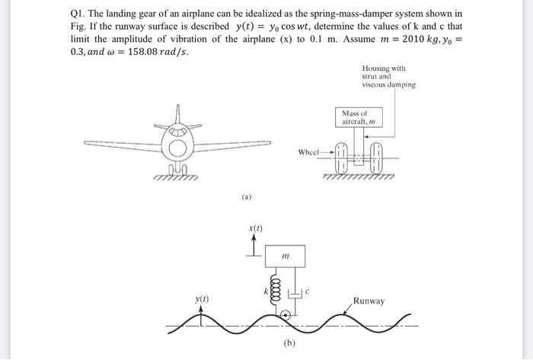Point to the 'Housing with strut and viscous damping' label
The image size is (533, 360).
[388, 77]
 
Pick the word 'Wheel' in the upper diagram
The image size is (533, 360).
[308, 152]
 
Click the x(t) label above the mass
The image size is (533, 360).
[256, 227]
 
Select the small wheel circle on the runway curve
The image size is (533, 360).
[285, 314]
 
